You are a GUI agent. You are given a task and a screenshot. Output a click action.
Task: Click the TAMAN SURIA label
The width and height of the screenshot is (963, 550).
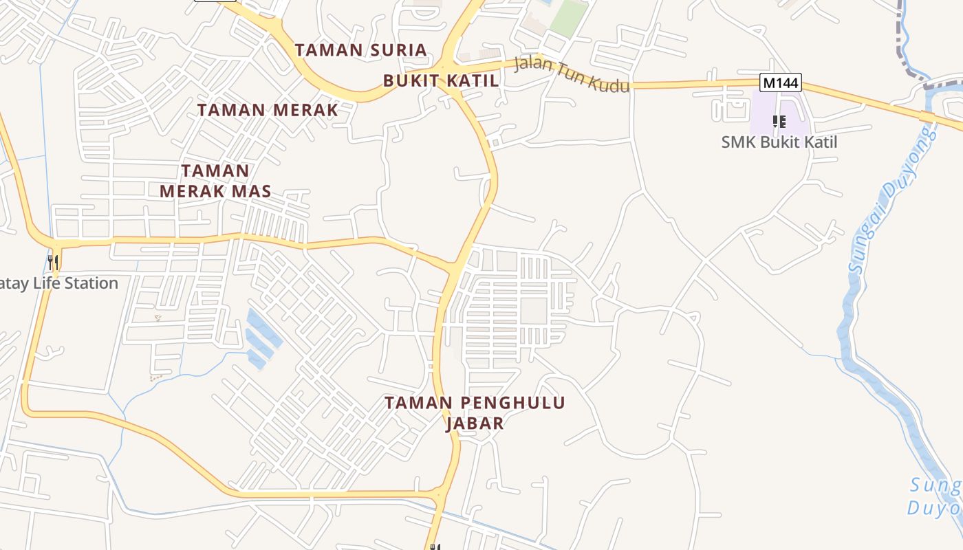[361, 49]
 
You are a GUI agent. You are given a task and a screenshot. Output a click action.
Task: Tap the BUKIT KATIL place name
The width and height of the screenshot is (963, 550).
[440, 80]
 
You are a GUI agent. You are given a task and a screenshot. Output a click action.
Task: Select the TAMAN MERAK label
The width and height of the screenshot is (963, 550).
[268, 110]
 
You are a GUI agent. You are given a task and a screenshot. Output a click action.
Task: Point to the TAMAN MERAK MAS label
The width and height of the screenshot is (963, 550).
[216, 181]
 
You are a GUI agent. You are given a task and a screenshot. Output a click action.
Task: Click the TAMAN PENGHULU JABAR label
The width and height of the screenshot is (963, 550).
[475, 412]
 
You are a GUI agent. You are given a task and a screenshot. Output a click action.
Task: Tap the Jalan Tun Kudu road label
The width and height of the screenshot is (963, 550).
[572, 74]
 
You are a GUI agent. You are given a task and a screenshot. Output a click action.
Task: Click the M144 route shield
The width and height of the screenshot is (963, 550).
[781, 83]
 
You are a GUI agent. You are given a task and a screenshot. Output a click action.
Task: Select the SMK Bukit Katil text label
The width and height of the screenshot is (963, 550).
[779, 142]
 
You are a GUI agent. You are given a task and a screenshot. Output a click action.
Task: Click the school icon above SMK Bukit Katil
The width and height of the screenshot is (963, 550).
[779, 122]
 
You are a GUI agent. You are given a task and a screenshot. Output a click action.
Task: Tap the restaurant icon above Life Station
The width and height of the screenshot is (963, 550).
[53, 262]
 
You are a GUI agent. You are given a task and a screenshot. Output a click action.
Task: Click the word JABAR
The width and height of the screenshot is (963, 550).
[475, 423]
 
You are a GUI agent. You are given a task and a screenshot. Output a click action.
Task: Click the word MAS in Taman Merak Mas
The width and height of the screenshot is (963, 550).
[252, 191]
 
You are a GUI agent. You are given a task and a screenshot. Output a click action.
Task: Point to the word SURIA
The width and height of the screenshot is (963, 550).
[397, 49]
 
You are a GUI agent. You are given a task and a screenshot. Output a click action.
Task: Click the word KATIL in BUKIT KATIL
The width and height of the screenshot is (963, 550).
[472, 80]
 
